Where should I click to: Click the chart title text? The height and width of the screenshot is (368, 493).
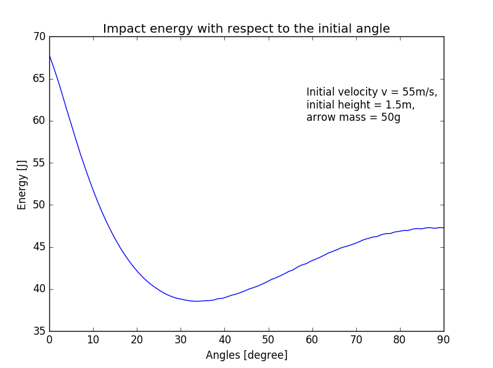pos(246,28)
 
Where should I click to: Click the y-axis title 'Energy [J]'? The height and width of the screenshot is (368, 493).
pos(22,184)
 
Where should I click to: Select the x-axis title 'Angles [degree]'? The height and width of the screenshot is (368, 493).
pos(246,355)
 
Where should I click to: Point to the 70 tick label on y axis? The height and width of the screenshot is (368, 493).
pos(39,36)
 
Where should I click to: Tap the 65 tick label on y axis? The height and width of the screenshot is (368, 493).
pos(39,78)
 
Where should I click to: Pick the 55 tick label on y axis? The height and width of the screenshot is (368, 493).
pos(39,163)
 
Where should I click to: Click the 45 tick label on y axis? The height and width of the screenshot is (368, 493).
pos(39,247)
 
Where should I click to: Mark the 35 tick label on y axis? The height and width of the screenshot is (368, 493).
pos(39,331)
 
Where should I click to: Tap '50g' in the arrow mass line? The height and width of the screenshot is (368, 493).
pos(390,117)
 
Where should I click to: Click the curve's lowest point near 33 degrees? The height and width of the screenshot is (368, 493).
pos(196,301)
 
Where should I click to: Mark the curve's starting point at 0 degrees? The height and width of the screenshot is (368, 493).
pos(50,55)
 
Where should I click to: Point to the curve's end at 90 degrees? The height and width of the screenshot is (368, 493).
pos(443,227)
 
